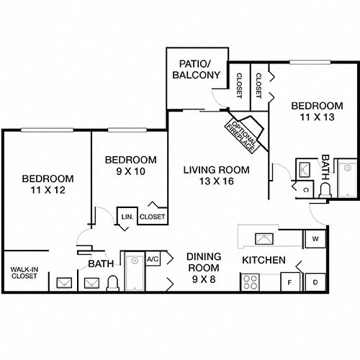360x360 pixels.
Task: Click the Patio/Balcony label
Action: [197, 70]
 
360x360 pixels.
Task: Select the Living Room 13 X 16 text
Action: [217, 176]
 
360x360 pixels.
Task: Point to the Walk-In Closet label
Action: [24, 273]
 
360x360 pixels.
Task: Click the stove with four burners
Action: [250, 282]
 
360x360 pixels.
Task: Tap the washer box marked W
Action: [315, 239]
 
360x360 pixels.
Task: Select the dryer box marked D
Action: [315, 282]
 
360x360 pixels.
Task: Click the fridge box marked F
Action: [290, 282]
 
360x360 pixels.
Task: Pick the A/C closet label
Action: [153, 259]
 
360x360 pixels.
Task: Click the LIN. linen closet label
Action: [127, 217]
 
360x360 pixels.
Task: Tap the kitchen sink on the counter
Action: [264, 239]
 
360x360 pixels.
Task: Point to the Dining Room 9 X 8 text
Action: [204, 268]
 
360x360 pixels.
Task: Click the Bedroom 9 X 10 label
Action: [131, 166]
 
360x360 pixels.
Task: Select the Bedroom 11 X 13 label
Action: [317, 112]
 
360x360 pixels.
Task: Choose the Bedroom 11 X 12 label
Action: [48, 184]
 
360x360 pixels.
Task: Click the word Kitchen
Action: [264, 260]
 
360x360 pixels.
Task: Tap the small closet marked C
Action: [305, 190]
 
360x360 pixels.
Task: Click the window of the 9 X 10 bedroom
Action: [127, 130]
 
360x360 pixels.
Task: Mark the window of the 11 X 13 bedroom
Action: [310, 62]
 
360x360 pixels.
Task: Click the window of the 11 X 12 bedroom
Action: [47, 130]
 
